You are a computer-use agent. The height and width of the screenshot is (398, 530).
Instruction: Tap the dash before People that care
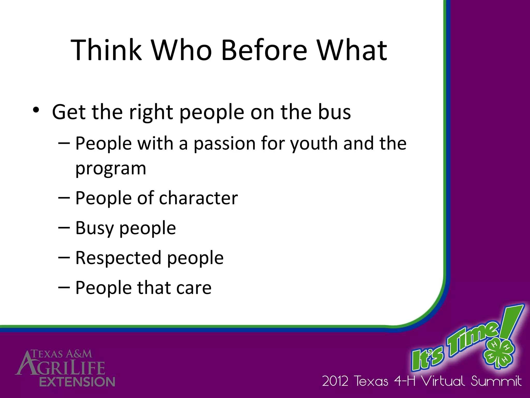coord(64,287)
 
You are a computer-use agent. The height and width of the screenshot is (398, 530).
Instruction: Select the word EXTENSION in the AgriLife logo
coord(77,382)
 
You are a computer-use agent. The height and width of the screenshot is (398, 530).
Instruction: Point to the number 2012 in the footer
coord(335,381)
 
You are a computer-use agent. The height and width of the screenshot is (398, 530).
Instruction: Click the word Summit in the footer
coord(496,381)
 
